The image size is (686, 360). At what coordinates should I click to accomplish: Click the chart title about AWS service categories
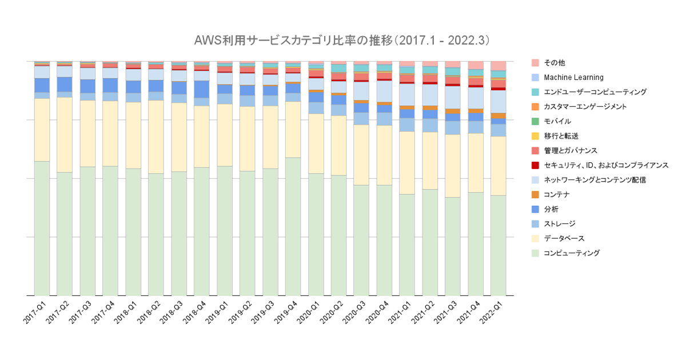point(342,41)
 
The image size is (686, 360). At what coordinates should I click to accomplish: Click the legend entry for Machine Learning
point(573,77)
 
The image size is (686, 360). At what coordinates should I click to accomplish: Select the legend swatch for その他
point(535,62)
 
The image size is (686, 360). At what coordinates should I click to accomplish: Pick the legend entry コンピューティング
point(572,253)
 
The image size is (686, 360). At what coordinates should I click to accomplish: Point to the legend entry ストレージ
point(560,224)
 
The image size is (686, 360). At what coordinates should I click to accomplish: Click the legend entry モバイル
point(557,121)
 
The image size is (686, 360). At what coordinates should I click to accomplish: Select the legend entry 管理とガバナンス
point(571,150)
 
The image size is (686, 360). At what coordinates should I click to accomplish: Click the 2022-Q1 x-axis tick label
point(493,310)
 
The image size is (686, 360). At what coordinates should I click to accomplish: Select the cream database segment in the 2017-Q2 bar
point(64,134)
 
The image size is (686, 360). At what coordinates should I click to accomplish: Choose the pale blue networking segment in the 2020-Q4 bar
point(384,91)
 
